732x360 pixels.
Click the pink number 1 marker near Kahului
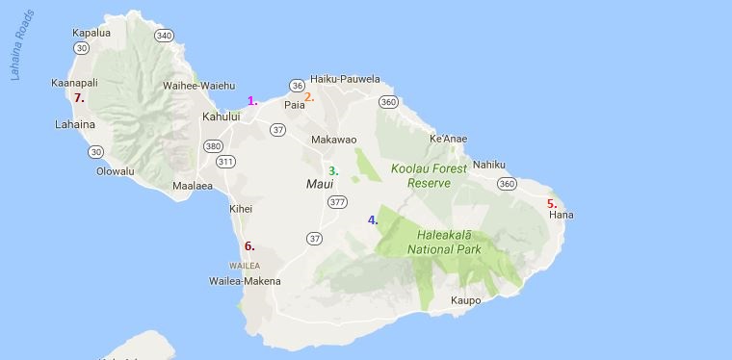[x=252, y=101]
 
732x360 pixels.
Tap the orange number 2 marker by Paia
[x=309, y=96]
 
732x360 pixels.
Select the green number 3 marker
[x=333, y=171]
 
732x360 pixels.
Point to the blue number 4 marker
[x=373, y=220]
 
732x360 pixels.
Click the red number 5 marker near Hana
[x=552, y=204]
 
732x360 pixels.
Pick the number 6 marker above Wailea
[x=249, y=246]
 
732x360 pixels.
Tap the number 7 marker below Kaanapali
[x=80, y=97]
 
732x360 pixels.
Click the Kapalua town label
[x=91, y=33]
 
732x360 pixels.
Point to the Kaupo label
[x=465, y=300]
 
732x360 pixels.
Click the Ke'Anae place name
[x=448, y=140]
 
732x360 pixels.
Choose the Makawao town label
[x=334, y=140]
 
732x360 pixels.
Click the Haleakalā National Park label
[x=457, y=241]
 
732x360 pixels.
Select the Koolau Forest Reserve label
[x=429, y=175]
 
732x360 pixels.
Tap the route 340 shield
[x=164, y=37]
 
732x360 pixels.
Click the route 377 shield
[x=337, y=202]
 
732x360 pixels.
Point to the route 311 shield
[x=224, y=161]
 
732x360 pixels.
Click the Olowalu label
[x=116, y=171]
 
